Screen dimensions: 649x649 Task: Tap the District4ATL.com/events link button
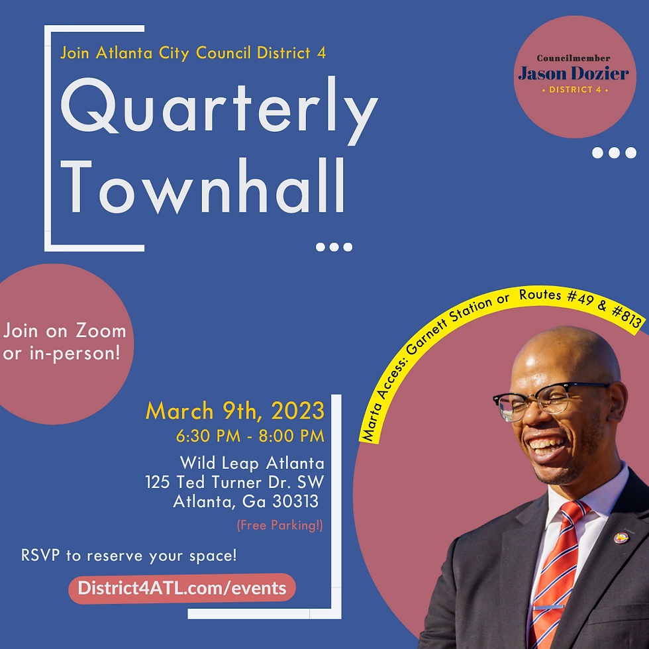(182, 588)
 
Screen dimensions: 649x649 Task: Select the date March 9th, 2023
(235, 411)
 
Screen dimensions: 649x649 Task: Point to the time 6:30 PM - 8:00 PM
(250, 436)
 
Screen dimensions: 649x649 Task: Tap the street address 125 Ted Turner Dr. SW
(234, 481)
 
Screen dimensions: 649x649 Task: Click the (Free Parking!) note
(280, 526)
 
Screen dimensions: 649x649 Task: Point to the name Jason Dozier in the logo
(574, 74)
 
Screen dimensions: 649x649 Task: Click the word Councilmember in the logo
(574, 58)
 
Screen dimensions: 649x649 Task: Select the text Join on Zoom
(64, 330)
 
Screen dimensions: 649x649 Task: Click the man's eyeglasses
(543, 401)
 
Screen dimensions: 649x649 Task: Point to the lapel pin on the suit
(621, 537)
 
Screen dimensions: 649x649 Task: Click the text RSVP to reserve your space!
(128, 555)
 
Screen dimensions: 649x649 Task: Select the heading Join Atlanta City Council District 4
(193, 53)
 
